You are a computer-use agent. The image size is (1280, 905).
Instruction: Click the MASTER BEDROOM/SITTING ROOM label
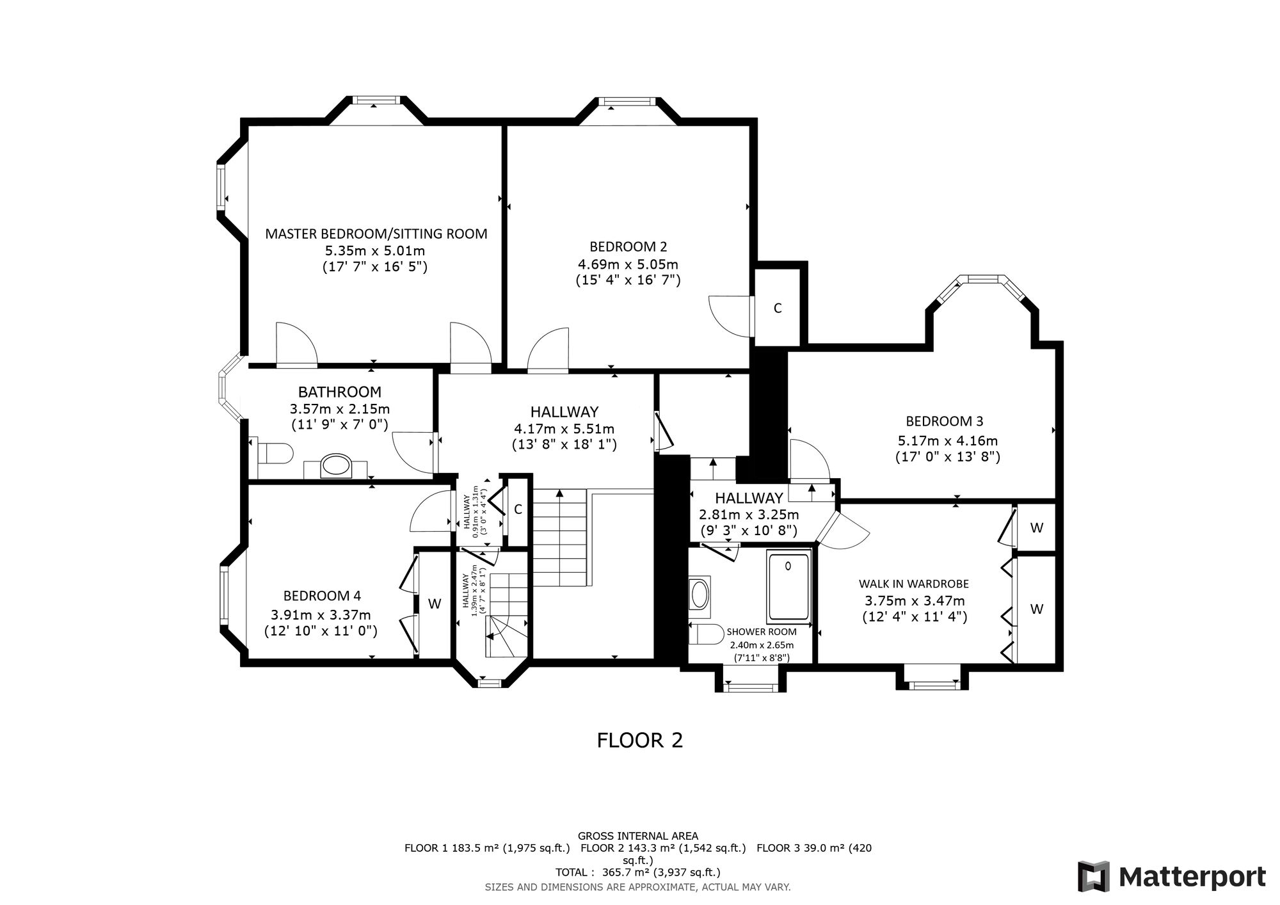[376, 234]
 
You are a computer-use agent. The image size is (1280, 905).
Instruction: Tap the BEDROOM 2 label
[628, 246]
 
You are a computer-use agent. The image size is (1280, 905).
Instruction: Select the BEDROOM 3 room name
[944, 421]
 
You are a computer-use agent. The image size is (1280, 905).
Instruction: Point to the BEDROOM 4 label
[322, 596]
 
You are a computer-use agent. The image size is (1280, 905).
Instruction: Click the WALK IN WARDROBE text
[913, 584]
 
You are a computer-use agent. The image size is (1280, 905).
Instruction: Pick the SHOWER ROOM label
[762, 632]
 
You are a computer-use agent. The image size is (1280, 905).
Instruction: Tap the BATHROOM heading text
[340, 392]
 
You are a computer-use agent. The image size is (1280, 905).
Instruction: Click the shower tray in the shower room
[788, 588]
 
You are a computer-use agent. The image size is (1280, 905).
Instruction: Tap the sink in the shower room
[699, 595]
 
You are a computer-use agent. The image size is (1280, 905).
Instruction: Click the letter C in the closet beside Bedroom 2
[778, 308]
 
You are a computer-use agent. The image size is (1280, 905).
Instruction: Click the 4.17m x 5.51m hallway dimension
[564, 428]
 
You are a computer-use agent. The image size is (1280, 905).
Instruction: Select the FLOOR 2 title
[640, 740]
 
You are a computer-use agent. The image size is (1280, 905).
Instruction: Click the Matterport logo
[1172, 876]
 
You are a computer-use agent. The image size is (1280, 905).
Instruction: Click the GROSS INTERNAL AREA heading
[638, 836]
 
